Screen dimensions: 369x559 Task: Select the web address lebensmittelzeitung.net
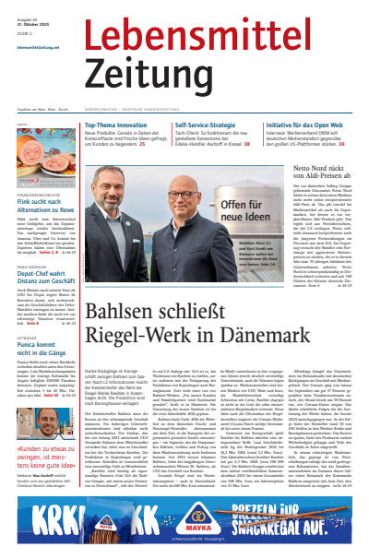pyautogui.click(x=38, y=46)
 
